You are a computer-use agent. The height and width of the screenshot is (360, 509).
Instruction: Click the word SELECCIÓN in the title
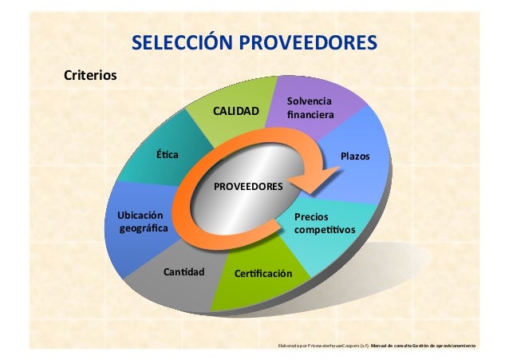pos(178,41)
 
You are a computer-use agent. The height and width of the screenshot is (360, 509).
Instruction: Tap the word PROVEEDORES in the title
pos(304,41)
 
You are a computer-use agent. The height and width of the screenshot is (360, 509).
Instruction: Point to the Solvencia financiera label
pos(310,109)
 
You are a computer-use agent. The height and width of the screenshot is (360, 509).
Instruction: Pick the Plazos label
pos(355,156)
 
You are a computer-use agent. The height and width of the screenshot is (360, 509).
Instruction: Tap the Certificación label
pos(264,275)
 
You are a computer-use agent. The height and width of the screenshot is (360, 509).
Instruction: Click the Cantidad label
pos(183,272)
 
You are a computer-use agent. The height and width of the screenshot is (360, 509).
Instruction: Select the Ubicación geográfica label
pos(137,223)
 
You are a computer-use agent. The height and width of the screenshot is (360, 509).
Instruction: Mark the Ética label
pos(168,154)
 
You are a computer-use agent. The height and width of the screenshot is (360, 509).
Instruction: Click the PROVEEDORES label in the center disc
pos(247,185)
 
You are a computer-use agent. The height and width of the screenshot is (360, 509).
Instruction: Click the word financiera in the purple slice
pos(310,115)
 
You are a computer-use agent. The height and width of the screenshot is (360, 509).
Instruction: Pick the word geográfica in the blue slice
pos(138,230)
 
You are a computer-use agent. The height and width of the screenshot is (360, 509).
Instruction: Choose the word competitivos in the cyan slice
pos(324,231)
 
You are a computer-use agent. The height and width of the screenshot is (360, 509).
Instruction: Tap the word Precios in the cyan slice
pos(310,216)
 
